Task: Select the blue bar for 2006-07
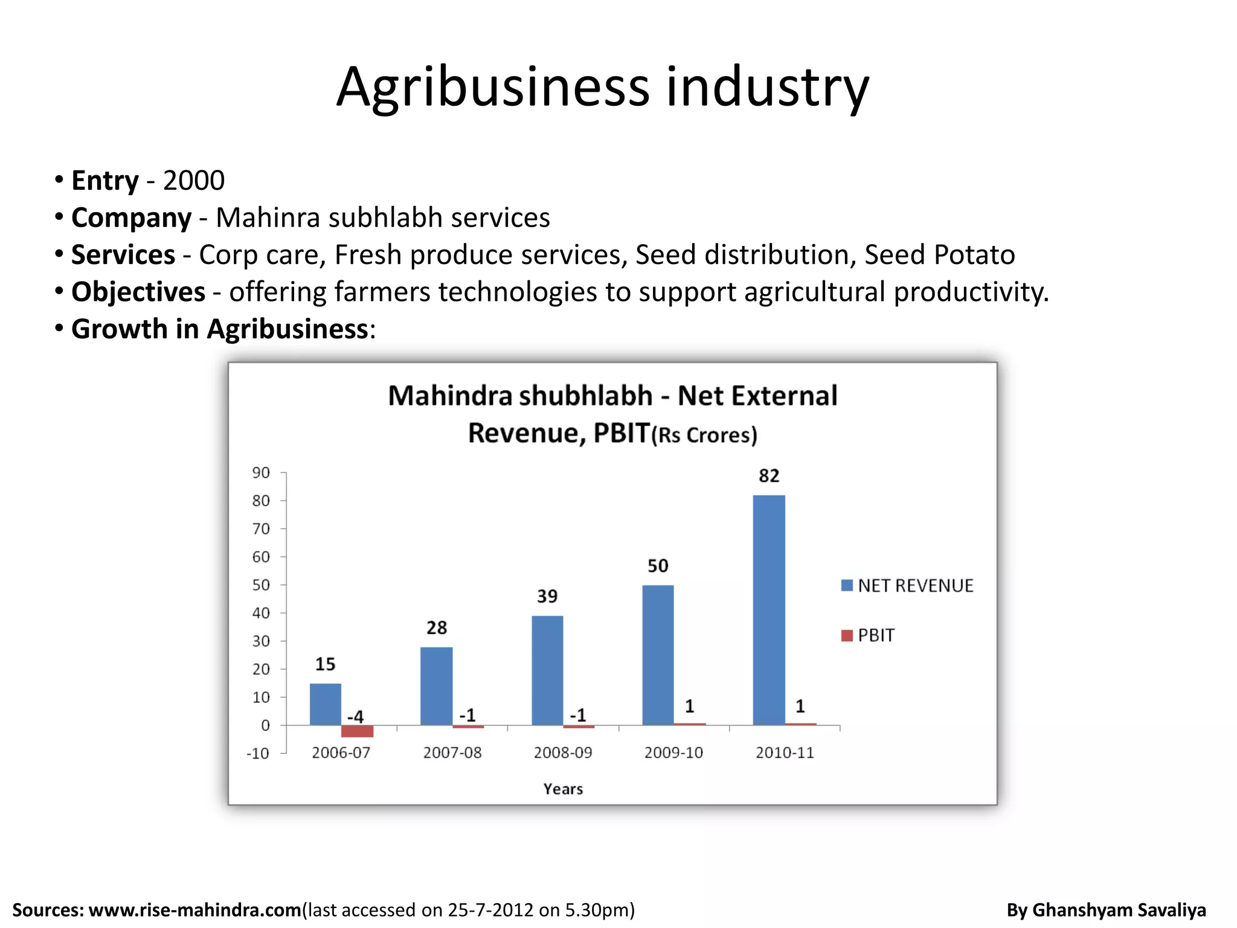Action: (326, 704)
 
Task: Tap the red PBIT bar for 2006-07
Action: (357, 731)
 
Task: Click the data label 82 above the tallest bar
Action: (769, 476)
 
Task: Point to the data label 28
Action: (437, 628)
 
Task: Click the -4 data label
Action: (355, 717)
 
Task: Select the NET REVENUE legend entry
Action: (907, 585)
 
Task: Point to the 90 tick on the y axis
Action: (261, 472)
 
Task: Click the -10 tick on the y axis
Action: (258, 753)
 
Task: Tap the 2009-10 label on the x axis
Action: (673, 753)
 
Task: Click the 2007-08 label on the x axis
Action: (452, 753)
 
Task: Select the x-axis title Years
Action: (563, 789)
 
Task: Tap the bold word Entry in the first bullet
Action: (105, 181)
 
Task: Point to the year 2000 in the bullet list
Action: (194, 181)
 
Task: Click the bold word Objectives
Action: (138, 292)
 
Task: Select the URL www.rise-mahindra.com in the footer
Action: (195, 910)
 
